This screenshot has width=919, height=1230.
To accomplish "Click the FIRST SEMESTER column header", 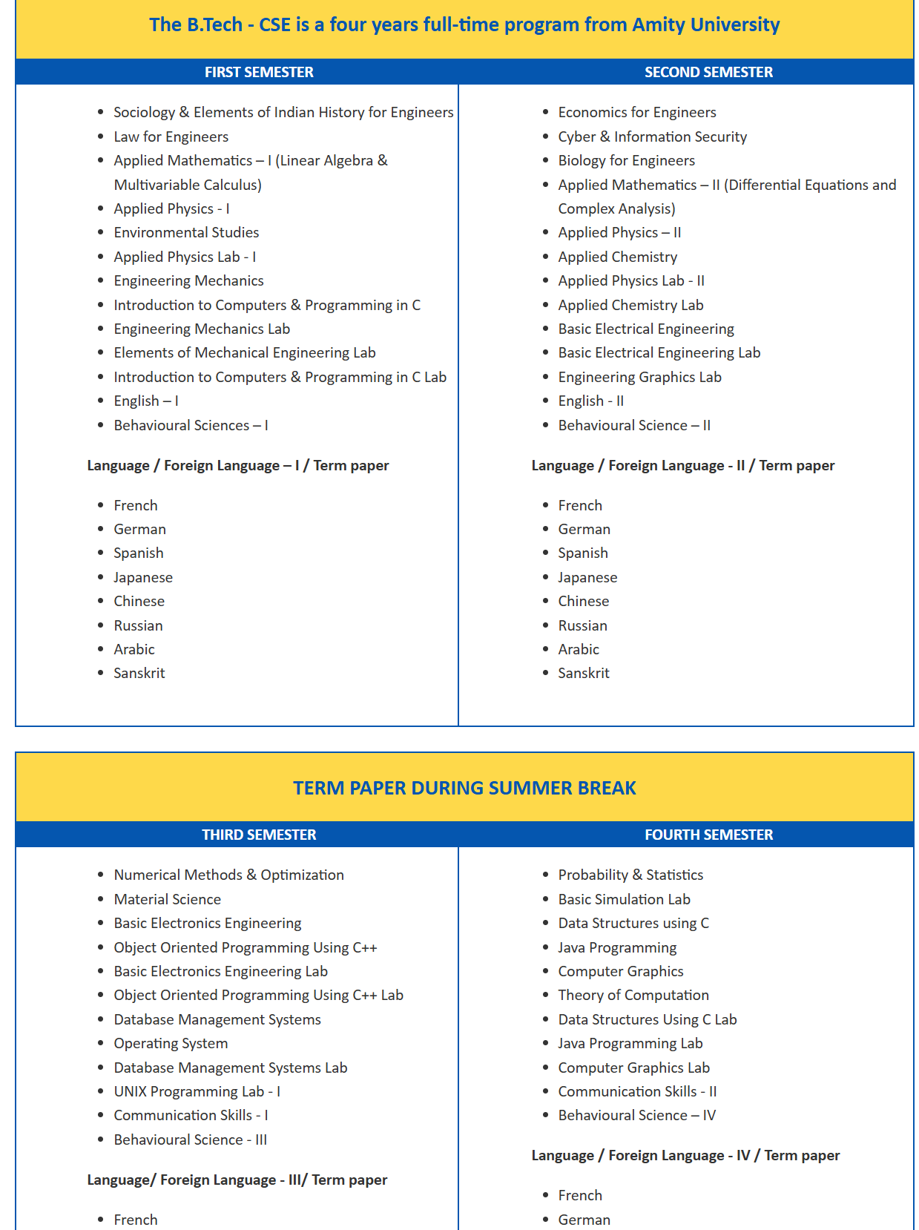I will coord(259,72).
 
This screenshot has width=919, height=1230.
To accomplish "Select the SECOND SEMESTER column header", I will coord(708,72).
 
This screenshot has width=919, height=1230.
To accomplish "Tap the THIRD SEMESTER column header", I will coord(259,835).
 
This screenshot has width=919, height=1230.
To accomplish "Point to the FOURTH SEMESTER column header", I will coord(708,835).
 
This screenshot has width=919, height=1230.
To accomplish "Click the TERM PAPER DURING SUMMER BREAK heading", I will coord(464,788).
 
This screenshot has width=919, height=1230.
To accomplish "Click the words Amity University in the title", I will coord(705,24).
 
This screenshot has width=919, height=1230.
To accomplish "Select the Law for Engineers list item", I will coord(171,137).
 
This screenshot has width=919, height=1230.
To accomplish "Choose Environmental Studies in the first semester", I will coord(186,232).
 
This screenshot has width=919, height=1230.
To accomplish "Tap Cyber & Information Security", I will coord(652,137).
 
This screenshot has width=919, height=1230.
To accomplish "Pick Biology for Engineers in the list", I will coord(626,160).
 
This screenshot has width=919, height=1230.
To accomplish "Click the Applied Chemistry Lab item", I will coord(630,305).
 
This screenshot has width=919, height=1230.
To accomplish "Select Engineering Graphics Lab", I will coord(639,377).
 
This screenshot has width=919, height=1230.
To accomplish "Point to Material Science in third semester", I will coord(167,899).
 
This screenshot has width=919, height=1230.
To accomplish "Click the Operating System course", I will coord(171,1043).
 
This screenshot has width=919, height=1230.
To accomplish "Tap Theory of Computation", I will coord(633,995).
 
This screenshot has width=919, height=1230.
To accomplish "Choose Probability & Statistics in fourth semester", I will coord(630,875).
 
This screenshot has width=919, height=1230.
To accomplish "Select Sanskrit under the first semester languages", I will coord(139,673).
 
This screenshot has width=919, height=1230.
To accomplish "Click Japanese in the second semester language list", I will coord(587,577).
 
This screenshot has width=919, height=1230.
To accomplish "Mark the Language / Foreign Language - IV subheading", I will coord(685,1155).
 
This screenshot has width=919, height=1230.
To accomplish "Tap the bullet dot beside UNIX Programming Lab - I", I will coord(100,1091).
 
